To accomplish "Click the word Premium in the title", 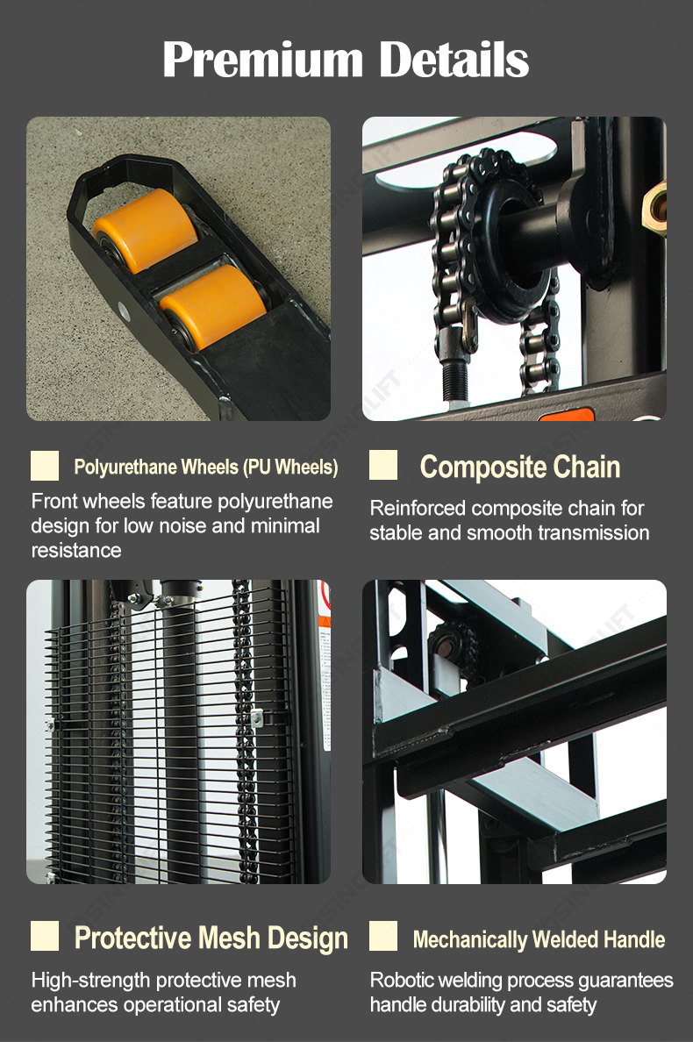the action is coord(263,60).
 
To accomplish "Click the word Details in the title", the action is coord(454,59).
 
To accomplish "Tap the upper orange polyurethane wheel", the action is coord(146,229).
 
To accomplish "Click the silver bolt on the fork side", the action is coord(123,309).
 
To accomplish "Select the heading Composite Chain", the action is coord(520,467).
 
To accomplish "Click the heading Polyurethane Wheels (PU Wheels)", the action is coord(206,467).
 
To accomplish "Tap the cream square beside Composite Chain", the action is coord(383,465).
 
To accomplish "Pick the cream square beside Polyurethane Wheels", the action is coord(45,465).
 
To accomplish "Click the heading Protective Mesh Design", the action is coord(211,938).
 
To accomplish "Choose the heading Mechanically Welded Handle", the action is coord(539,939).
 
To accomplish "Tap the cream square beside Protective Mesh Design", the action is coord(45,936).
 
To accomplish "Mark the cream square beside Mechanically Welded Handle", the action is coord(383,936).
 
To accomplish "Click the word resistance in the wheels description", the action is coord(76,550).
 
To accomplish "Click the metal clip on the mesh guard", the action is coord(257,717).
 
